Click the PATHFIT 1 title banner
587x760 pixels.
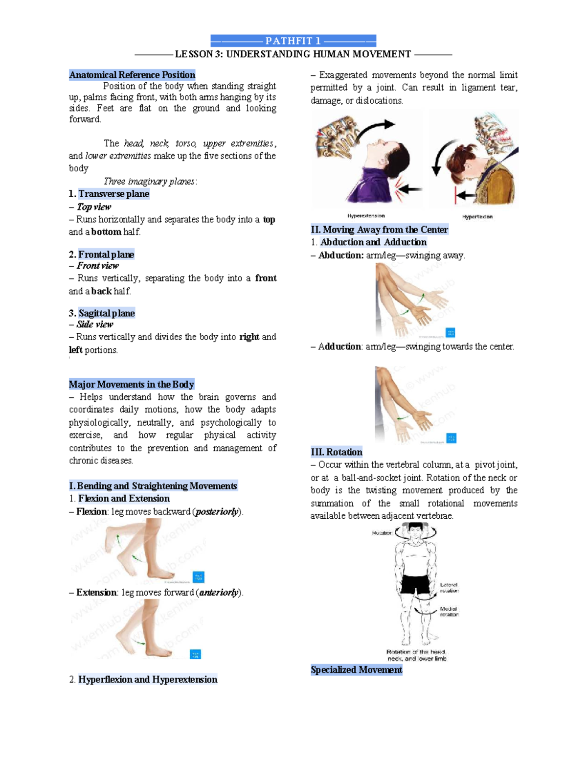coord(293,41)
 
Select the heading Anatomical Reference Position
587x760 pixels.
coord(132,75)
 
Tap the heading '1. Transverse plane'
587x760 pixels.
coord(109,194)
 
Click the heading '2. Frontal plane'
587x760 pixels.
coord(101,254)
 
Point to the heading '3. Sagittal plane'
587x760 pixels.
coord(102,313)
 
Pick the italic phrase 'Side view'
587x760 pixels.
coord(95,324)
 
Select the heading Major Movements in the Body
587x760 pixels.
coord(132,384)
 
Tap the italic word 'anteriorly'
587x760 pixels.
coord(219,593)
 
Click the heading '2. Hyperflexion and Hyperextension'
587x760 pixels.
coord(143,679)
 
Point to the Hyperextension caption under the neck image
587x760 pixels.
coord(366,216)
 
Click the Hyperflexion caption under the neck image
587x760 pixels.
coord(477,217)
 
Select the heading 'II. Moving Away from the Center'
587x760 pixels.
coord(379,230)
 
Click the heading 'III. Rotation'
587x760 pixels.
coord(337,452)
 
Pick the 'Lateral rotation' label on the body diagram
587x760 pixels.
coord(449,588)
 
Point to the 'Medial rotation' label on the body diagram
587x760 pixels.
coord(449,612)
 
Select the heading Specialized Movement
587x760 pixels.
coord(356,670)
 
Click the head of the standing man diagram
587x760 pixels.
coord(415,530)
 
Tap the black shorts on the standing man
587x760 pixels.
coord(416,584)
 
